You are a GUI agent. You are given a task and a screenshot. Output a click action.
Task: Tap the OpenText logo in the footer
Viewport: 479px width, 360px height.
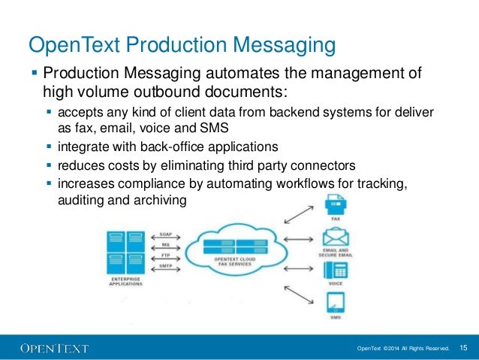(x=54, y=347)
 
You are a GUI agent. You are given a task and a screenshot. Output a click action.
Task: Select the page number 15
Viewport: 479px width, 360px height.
(x=463, y=347)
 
